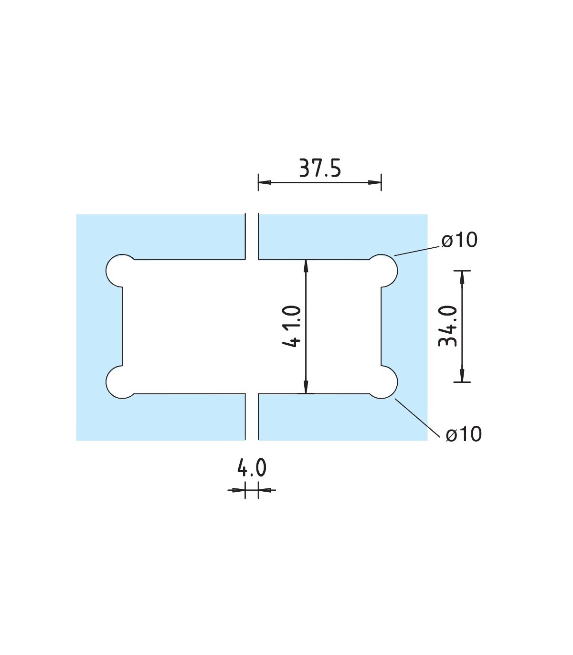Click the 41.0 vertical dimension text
point(292,326)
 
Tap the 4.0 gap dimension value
point(252,468)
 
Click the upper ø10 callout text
point(459,240)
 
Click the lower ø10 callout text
point(464,434)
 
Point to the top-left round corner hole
point(118,270)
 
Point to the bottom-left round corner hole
point(118,382)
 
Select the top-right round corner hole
point(385,270)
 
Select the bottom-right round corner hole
point(385,382)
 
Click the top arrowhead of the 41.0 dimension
point(306,265)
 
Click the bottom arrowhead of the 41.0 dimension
point(306,387)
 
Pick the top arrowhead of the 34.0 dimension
point(462,277)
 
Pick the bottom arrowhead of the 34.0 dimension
point(462,375)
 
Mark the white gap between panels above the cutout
point(252,236)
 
